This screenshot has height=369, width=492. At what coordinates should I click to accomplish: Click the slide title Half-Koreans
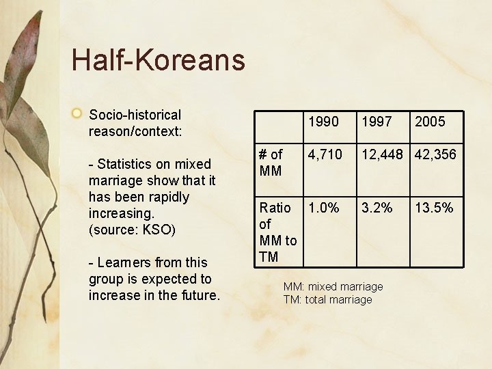coord(158,59)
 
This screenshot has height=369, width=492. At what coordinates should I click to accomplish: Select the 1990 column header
coord(323,122)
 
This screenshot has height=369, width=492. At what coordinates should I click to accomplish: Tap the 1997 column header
coord(377,122)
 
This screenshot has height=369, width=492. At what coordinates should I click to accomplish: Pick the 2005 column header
coord(430,122)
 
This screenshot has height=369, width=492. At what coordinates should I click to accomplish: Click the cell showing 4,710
coord(325,154)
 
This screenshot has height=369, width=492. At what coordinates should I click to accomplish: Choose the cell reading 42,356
coord(435,154)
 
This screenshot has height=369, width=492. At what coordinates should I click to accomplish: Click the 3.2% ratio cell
coord(377,208)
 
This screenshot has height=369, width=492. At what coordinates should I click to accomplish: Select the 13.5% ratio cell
coord(434,208)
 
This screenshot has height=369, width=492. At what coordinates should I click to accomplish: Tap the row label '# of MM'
coord(271,163)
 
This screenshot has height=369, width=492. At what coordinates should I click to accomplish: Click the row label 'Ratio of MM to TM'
coord(277,232)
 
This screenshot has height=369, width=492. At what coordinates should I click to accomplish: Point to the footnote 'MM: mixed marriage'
coord(333,286)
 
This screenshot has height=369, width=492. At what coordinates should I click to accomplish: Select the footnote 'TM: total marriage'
coord(328,299)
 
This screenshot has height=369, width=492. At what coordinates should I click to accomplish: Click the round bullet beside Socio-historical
coord(78,113)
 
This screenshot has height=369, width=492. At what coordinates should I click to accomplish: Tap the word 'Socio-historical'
coord(135,115)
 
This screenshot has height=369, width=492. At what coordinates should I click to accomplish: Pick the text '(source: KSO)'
coord(133,230)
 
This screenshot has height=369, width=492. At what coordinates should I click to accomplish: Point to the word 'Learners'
coord(125,262)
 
